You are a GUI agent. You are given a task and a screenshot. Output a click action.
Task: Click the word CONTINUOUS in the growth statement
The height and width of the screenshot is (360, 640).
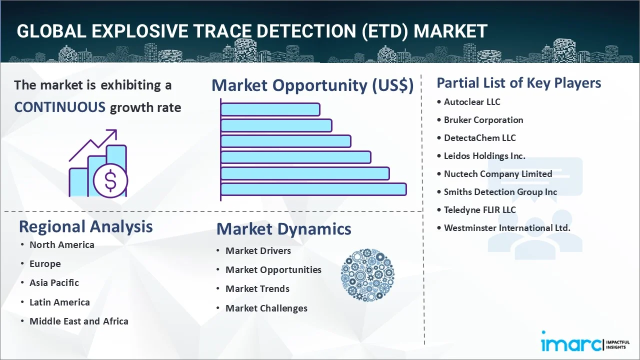tap(59, 107)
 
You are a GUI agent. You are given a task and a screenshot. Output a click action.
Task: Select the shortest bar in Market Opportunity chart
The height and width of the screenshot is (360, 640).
tap(270, 109)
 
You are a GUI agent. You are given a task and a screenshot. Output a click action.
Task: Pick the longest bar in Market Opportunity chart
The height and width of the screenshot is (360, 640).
tap(313, 189)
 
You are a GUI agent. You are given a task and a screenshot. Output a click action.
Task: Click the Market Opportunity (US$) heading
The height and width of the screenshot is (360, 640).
tap(312, 85)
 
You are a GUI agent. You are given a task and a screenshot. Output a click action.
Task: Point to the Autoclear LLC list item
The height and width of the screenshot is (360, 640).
tap(472, 102)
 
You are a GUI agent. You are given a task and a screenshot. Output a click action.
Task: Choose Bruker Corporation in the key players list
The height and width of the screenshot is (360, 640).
tap(483, 120)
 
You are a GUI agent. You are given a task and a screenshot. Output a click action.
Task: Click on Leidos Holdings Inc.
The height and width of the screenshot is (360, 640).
tap(484, 156)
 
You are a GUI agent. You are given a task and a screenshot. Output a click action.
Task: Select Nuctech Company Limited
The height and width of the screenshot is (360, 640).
tap(498, 174)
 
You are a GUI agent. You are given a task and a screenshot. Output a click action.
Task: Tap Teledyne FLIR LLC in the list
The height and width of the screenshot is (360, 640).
tap(479, 210)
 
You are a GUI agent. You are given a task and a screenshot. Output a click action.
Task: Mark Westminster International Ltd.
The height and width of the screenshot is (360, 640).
tap(507, 228)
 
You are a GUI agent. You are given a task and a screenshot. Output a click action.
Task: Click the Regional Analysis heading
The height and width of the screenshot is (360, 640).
tap(85, 226)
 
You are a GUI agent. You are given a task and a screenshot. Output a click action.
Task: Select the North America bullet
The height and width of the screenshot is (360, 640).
tap(61, 244)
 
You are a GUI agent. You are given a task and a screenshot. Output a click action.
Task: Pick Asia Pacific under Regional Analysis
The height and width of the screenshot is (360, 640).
tap(54, 283)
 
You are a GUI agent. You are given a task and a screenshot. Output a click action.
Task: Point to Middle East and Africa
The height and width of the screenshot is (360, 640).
tap(78, 321)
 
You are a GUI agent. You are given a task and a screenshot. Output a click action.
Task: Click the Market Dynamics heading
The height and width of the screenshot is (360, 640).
tap(283, 229)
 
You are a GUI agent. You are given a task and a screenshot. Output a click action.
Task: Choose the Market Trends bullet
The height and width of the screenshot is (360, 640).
tap(257, 289)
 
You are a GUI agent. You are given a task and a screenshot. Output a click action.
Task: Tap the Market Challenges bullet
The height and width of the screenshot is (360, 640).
tap(266, 308)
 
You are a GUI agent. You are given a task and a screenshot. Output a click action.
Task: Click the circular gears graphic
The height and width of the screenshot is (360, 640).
tap(367, 275)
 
